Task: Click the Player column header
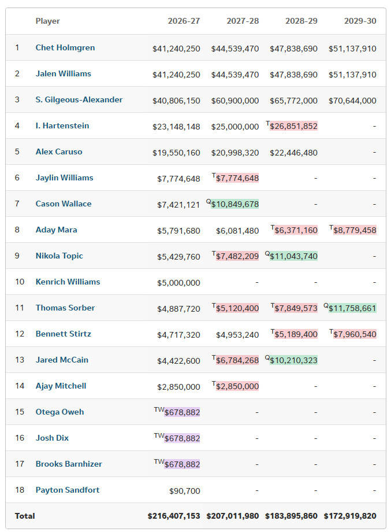(x=47, y=21)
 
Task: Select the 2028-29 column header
(x=301, y=21)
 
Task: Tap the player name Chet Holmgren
(x=65, y=47)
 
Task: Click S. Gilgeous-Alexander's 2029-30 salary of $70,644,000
(x=352, y=101)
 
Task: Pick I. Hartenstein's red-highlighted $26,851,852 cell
(x=293, y=126)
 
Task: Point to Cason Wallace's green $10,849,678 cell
(x=234, y=204)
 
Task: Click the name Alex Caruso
(x=59, y=152)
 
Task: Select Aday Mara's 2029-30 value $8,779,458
(x=355, y=230)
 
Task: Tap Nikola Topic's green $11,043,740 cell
(x=293, y=256)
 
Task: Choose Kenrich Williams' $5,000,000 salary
(x=178, y=283)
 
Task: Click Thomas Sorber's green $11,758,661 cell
(x=352, y=308)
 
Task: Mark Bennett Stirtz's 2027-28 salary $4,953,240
(x=237, y=335)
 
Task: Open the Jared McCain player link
(x=62, y=360)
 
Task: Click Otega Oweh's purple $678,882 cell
(x=182, y=412)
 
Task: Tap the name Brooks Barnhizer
(x=69, y=464)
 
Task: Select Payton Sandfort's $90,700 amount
(x=185, y=491)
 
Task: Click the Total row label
(x=25, y=516)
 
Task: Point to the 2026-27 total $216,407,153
(x=174, y=516)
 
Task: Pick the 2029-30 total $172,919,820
(x=350, y=516)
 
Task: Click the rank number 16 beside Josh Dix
(x=20, y=438)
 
